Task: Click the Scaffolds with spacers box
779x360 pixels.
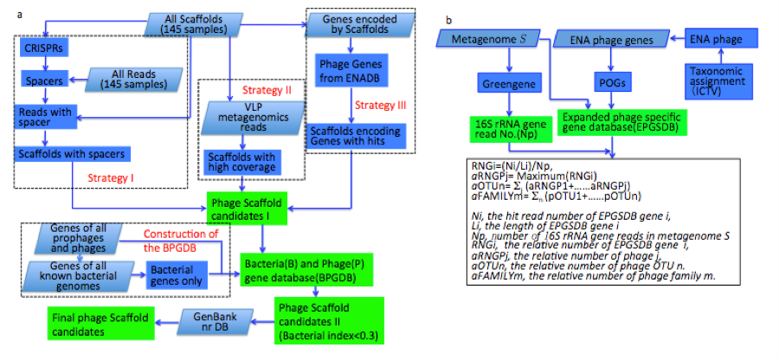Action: pos(69,154)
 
